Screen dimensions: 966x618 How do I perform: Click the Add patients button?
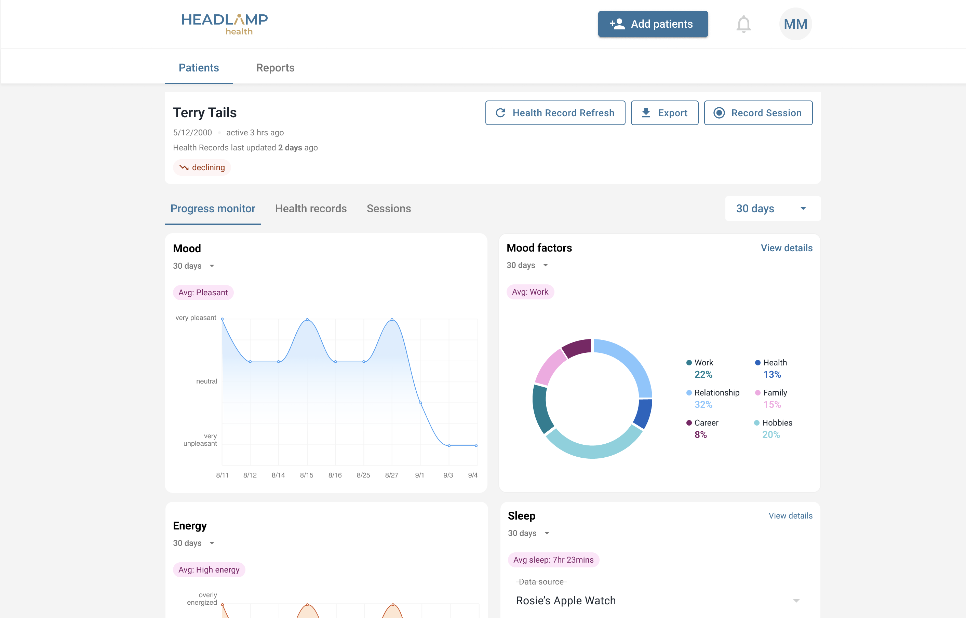(x=653, y=24)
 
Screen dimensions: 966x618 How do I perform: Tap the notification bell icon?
(x=743, y=24)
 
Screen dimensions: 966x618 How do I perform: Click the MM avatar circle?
(x=795, y=24)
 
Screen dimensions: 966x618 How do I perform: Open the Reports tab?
(x=275, y=67)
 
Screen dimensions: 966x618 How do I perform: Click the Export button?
(x=665, y=113)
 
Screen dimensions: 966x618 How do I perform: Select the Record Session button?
(x=758, y=113)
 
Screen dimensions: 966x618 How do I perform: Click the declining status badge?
(x=202, y=167)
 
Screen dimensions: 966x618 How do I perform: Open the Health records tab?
(x=311, y=209)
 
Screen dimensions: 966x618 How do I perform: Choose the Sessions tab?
(x=389, y=209)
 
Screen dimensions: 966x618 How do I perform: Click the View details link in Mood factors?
(x=787, y=248)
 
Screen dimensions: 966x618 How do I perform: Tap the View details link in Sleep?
(x=791, y=516)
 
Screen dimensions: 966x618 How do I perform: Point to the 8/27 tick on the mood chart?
(x=392, y=475)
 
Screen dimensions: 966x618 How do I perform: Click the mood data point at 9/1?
(x=420, y=403)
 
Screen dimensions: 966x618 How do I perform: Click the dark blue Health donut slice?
(x=643, y=414)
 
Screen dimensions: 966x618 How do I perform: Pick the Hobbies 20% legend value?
(x=771, y=434)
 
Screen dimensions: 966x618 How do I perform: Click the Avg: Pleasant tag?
(x=203, y=293)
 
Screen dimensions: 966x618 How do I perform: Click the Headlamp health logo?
(x=225, y=24)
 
